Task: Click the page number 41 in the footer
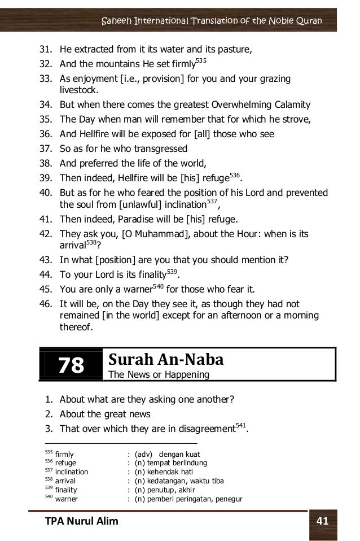[323, 521]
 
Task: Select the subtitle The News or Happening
[159, 374]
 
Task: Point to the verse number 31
[45, 50]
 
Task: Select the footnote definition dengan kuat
[179, 454]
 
